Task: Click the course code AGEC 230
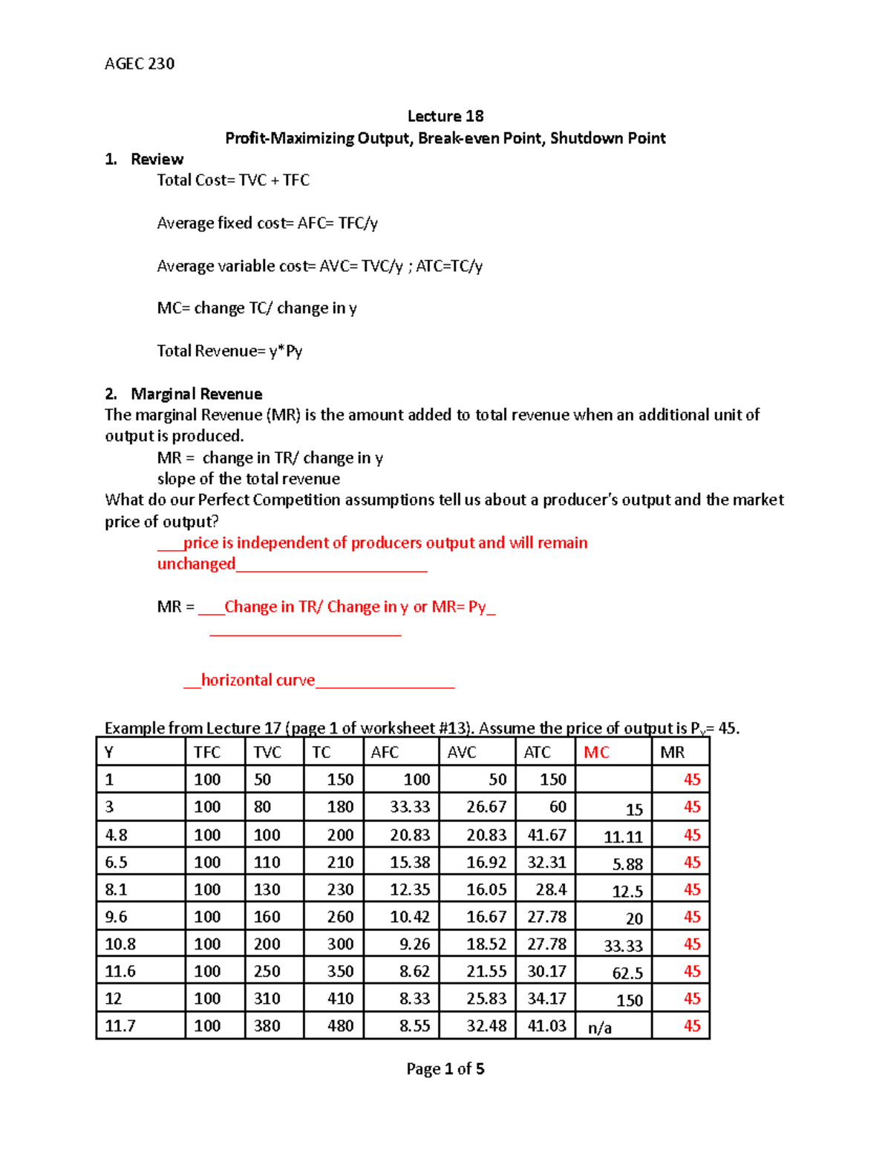pyautogui.click(x=140, y=64)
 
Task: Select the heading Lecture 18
pyautogui.click(x=446, y=116)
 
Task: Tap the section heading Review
pyautogui.click(x=157, y=159)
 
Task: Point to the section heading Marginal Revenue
pyautogui.click(x=196, y=393)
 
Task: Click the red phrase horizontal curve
pyautogui.click(x=258, y=680)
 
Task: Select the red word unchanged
pyautogui.click(x=196, y=564)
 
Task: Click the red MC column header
pyautogui.click(x=596, y=752)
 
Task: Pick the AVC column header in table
pyautogui.click(x=462, y=752)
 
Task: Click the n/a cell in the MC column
pyautogui.click(x=600, y=1028)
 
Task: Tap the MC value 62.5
pyautogui.click(x=627, y=973)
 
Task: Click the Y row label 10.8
pyautogui.click(x=120, y=944)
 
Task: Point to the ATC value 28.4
pyautogui.click(x=551, y=889)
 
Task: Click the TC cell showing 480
pyautogui.click(x=340, y=1026)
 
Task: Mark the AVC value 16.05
pyautogui.click(x=486, y=889)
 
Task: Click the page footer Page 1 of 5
pyautogui.click(x=446, y=1068)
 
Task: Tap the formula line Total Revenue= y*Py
pyautogui.click(x=229, y=350)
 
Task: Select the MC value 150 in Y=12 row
pyautogui.click(x=629, y=1000)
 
